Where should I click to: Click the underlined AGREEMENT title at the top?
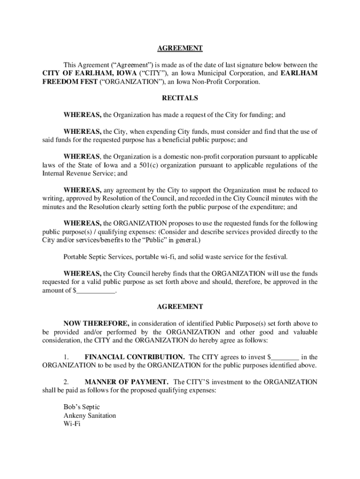pyautogui.click(x=180, y=48)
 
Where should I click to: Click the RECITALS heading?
pyautogui.click(x=180, y=98)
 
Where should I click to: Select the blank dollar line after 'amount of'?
pyautogui.click(x=96, y=290)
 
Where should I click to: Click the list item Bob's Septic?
pyautogui.click(x=81, y=407)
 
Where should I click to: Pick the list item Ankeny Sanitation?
pyautogui.click(x=90, y=415)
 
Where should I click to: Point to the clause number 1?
pyautogui.click(x=66, y=357)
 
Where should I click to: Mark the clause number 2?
pyautogui.click(x=66, y=382)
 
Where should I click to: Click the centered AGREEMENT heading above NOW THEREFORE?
pyautogui.click(x=180, y=307)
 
